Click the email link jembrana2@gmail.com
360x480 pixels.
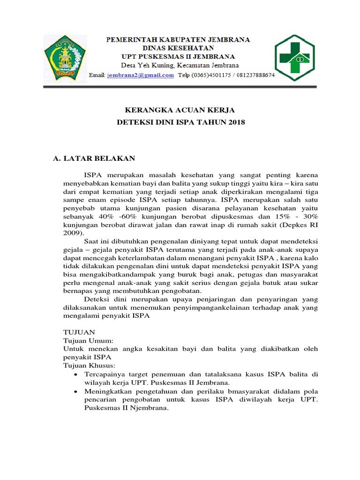(140, 75)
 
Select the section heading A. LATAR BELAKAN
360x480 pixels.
(94, 158)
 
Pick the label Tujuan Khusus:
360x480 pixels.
(90, 365)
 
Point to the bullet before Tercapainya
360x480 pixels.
(76, 374)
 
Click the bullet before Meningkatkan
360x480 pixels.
(76, 391)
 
